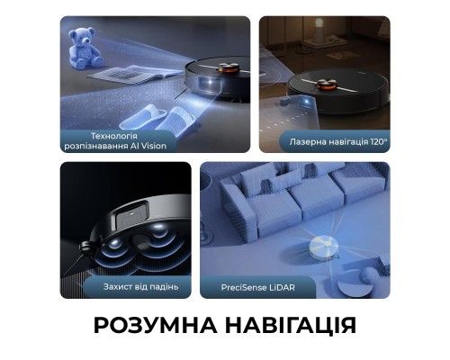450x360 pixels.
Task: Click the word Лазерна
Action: point(308,142)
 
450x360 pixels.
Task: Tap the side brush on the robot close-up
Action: point(85,246)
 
